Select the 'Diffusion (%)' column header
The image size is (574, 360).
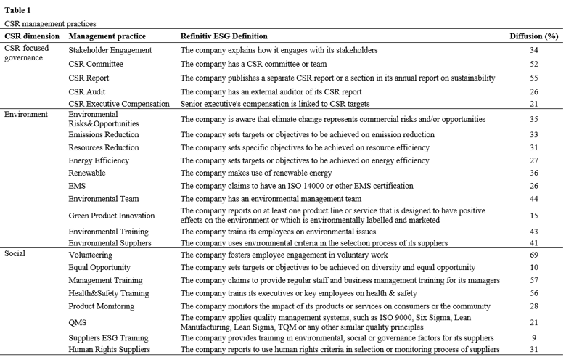tap(533, 36)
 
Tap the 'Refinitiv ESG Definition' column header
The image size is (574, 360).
tap(224, 36)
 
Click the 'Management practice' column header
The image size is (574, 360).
tap(107, 36)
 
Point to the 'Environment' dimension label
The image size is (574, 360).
tap(26, 114)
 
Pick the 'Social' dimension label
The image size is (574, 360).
tap(16, 255)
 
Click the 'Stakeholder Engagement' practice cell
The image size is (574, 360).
tap(110, 50)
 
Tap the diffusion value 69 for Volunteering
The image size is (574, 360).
tap(534, 255)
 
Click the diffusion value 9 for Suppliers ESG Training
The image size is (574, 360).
tap(534, 337)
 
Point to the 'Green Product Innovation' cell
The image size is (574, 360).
tap(112, 216)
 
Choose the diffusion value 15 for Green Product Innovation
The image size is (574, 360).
tap(534, 216)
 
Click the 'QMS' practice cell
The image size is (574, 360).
tap(78, 322)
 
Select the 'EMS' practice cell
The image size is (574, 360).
tap(78, 186)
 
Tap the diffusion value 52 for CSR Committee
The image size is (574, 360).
tap(534, 64)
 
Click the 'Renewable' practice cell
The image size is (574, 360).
tap(87, 173)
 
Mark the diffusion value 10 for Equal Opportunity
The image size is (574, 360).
tap(534, 267)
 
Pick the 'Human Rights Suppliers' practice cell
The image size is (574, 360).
tap(110, 350)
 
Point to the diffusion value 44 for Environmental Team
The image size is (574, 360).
tap(534, 198)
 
